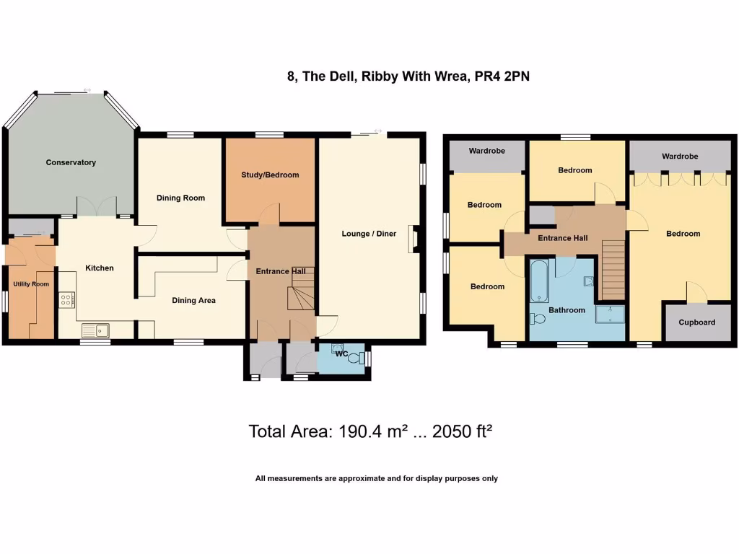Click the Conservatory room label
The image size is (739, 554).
tap(71, 162)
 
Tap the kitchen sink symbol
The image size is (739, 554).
tap(95, 330)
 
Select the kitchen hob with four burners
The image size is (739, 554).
tap(67, 299)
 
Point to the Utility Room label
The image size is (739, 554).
tap(31, 284)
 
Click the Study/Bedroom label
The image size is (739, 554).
tap(270, 175)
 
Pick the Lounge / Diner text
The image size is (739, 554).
tap(369, 234)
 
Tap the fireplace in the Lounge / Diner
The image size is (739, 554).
tap(413, 239)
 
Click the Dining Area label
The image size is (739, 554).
tap(193, 300)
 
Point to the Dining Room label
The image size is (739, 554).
tap(180, 198)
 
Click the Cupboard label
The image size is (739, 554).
tap(697, 322)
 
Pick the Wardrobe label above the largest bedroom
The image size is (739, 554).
tap(680, 156)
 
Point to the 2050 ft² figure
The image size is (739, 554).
tap(462, 431)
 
